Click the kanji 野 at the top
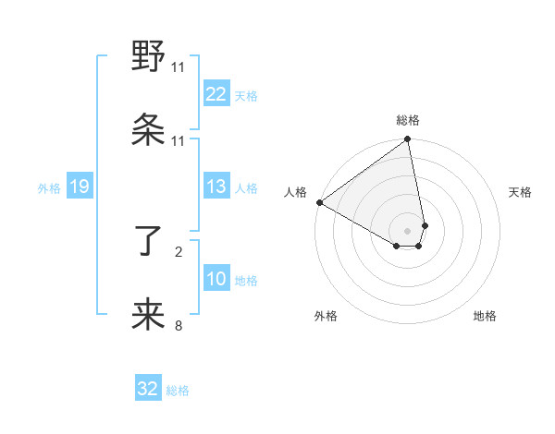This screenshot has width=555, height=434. tap(149, 56)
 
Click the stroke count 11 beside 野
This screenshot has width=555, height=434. tap(179, 67)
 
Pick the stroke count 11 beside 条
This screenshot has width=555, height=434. tap(179, 141)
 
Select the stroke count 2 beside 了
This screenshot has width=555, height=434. tap(179, 250)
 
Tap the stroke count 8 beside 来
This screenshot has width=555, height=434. tap(179, 325)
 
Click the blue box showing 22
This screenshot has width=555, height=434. tap(216, 94)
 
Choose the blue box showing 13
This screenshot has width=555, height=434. tap(216, 187)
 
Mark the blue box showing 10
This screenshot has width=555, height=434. tap(216, 280)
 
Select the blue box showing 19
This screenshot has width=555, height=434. tap(79, 187)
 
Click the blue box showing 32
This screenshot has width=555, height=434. tap(148, 389)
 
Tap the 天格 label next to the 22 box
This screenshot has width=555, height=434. tap(246, 95)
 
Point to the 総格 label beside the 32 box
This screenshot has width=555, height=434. tap(178, 391)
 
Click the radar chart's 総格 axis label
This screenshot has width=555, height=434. tap(408, 120)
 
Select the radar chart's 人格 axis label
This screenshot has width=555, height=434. tap(295, 192)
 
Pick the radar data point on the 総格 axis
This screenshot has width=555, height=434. tap(408, 140)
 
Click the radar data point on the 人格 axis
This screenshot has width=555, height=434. tap(319, 202)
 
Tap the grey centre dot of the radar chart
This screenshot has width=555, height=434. tap(408, 230)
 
